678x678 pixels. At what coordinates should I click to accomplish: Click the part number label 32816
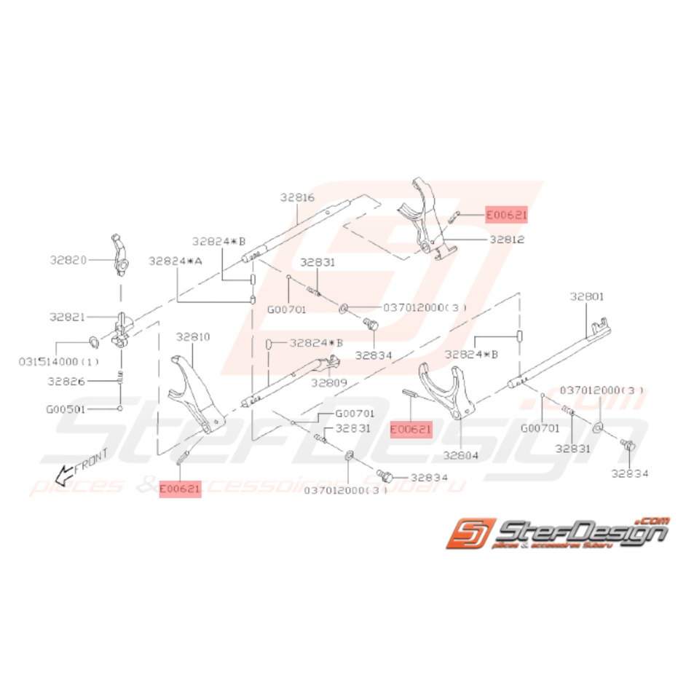point(297,197)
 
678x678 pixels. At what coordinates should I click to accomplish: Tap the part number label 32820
point(68,259)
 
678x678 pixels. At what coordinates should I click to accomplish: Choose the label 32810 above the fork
point(193,337)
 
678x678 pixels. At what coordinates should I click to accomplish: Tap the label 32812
point(508,239)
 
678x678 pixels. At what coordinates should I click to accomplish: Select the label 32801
point(588,297)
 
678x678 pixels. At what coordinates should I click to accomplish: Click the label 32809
point(328,382)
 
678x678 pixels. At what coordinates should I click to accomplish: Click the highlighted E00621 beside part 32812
point(506,215)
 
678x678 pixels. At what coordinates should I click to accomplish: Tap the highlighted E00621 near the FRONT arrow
point(180,490)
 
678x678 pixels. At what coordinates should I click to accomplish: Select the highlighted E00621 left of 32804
point(411,430)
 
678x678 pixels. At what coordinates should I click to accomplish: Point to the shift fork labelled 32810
point(195,393)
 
